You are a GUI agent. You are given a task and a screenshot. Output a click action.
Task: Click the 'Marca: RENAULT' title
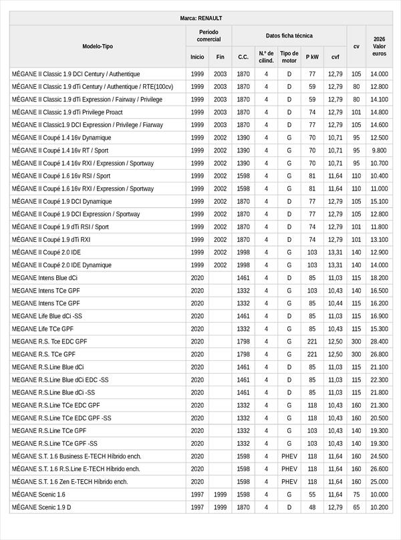tap(200, 18)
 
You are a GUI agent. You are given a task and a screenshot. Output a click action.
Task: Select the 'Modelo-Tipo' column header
tap(98, 46)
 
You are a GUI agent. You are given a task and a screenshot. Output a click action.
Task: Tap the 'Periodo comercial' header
tap(209, 35)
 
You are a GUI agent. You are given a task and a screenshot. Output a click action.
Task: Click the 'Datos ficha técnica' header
tap(289, 35)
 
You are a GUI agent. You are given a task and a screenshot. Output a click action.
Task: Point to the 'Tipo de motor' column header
tap(289, 56)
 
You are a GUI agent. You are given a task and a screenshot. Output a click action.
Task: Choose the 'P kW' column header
tap(312, 57)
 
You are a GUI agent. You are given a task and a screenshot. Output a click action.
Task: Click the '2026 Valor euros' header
tap(379, 46)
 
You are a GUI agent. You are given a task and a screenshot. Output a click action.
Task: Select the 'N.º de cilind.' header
tap(266, 56)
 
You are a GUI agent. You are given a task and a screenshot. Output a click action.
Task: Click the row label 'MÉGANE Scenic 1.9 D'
tap(41, 507)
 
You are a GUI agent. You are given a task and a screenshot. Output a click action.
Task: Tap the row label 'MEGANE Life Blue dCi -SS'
tap(47, 316)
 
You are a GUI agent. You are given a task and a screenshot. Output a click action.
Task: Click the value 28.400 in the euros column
tap(379, 342)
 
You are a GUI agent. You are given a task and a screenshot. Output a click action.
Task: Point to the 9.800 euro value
tap(379, 150)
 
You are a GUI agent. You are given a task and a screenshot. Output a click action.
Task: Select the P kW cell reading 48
tap(312, 507)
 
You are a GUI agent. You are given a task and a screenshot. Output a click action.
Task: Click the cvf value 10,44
tap(335, 303)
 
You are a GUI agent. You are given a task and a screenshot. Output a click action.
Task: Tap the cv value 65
tap(356, 507)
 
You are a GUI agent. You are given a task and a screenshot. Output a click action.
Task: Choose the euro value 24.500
tap(379, 456)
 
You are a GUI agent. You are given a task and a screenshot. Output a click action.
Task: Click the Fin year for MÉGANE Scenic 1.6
tap(221, 495)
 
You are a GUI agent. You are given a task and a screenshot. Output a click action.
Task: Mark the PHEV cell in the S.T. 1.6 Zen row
tap(289, 482)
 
